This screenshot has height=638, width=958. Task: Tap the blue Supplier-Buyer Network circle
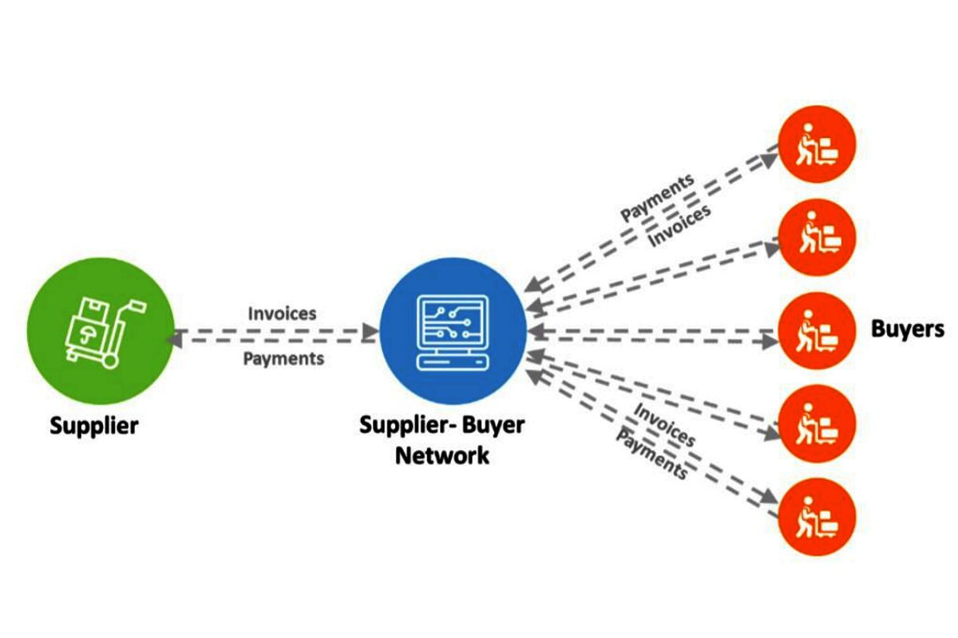tap(453, 332)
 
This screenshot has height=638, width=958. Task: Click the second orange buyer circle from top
tap(816, 237)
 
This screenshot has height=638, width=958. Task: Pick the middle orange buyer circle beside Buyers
tap(816, 330)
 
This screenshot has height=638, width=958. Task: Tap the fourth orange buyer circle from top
tap(816, 423)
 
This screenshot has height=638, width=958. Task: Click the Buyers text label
tap(907, 329)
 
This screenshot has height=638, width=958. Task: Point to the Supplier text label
tap(94, 425)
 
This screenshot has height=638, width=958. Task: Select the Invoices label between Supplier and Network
tap(282, 313)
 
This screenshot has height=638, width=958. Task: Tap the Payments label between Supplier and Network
tap(283, 359)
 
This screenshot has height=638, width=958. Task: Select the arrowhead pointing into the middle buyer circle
tap(769, 341)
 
